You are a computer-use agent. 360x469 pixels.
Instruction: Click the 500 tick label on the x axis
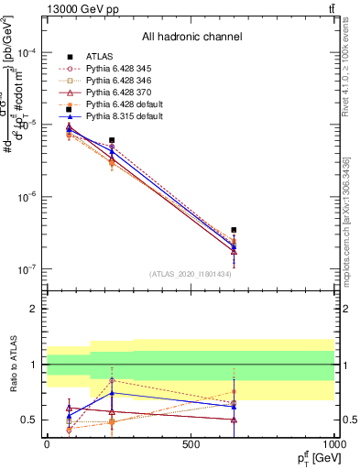[x=191, y=443]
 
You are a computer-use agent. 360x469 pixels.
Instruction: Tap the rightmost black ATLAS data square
[x=235, y=230]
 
